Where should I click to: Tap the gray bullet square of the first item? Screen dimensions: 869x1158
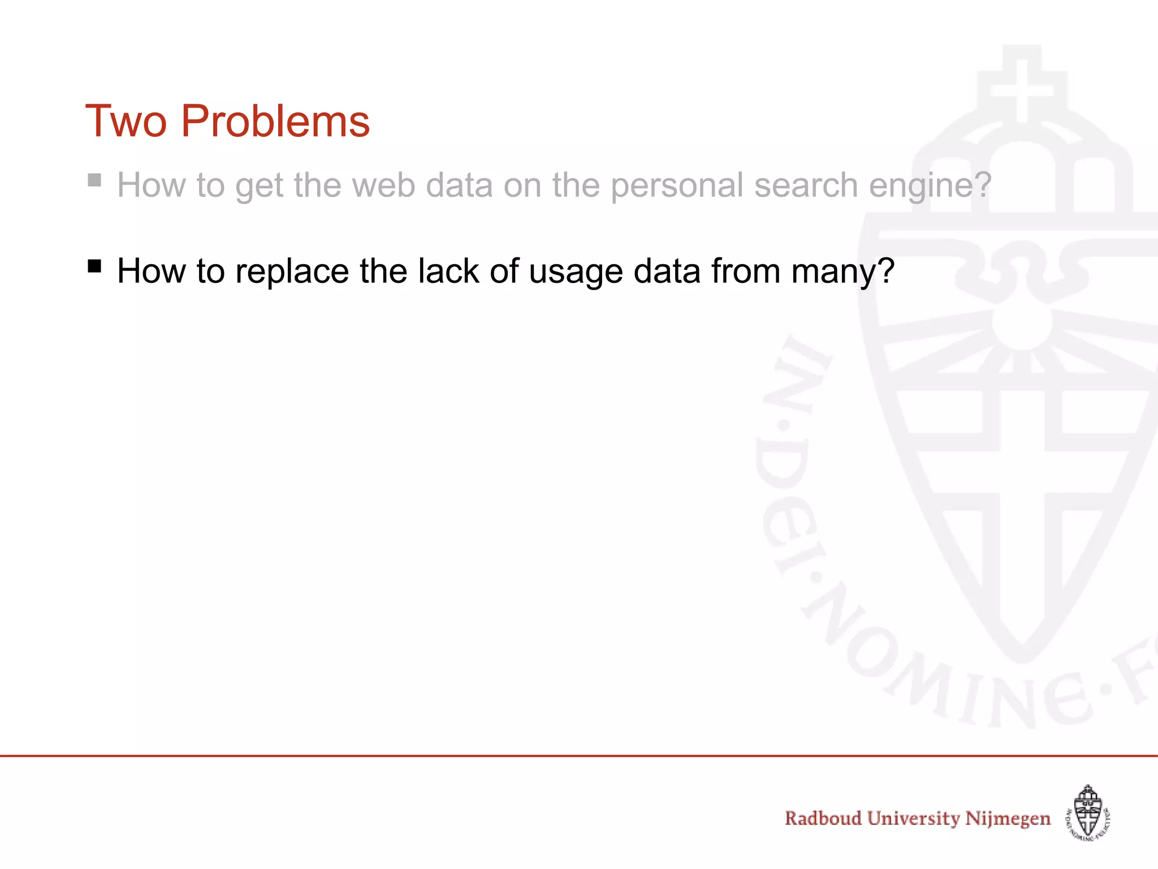[x=94, y=180]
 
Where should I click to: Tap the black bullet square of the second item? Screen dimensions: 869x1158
[x=94, y=265]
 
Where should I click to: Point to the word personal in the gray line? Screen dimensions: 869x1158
[x=677, y=185]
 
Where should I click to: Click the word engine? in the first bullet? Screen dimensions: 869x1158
[x=930, y=185]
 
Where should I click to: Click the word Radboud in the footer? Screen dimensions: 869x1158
[x=823, y=819]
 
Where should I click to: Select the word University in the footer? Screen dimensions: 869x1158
[x=913, y=819]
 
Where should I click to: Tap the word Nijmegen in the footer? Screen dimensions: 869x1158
[x=1008, y=819]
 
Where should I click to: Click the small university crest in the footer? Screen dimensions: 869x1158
[x=1088, y=812]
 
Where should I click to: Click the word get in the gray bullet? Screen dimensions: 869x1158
[x=259, y=185]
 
